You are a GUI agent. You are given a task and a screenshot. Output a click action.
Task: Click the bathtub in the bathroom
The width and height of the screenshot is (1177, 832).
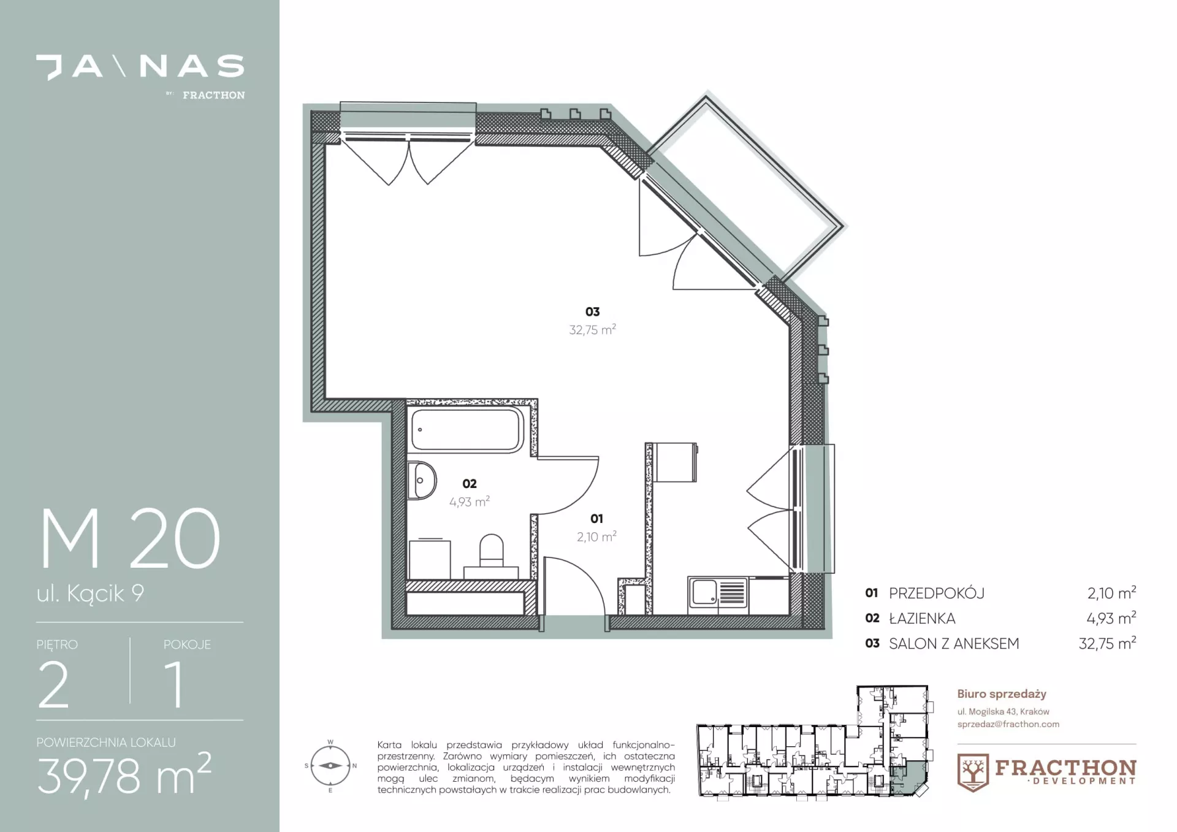click(x=467, y=429)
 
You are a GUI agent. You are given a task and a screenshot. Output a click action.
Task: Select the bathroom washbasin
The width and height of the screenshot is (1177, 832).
click(x=422, y=480)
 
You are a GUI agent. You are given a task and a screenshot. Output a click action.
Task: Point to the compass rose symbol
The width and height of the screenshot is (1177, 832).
click(x=331, y=766)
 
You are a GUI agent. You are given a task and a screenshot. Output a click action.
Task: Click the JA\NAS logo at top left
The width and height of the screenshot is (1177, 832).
click(x=140, y=67)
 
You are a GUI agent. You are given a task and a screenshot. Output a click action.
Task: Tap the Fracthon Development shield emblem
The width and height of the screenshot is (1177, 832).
click(x=973, y=773)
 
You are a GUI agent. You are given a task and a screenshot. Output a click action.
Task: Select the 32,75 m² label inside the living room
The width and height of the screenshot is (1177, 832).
click(x=592, y=329)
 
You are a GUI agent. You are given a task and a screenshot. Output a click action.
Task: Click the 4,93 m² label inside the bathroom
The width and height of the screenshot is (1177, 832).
click(x=469, y=502)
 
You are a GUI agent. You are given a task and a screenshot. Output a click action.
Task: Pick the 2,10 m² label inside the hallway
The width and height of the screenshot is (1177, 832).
click(x=596, y=536)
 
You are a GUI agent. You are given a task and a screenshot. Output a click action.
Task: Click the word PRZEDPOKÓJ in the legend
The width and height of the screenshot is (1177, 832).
click(x=937, y=593)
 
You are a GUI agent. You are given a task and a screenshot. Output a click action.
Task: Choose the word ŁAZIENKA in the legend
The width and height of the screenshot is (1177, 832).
click(x=922, y=618)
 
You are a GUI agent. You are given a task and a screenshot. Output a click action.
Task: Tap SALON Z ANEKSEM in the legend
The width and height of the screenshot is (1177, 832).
click(x=954, y=643)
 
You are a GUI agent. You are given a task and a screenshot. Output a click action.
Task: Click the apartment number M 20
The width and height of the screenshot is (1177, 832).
click(x=130, y=538)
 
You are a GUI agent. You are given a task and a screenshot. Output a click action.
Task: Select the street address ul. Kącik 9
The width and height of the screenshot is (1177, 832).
click(x=90, y=593)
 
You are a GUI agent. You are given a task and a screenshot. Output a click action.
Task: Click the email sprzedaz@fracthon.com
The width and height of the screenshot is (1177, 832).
click(x=1008, y=724)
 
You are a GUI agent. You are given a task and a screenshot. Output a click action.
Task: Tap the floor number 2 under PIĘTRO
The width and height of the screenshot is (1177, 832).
click(x=53, y=684)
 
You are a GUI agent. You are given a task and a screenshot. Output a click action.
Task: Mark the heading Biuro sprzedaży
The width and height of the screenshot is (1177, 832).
click(x=1002, y=694)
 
